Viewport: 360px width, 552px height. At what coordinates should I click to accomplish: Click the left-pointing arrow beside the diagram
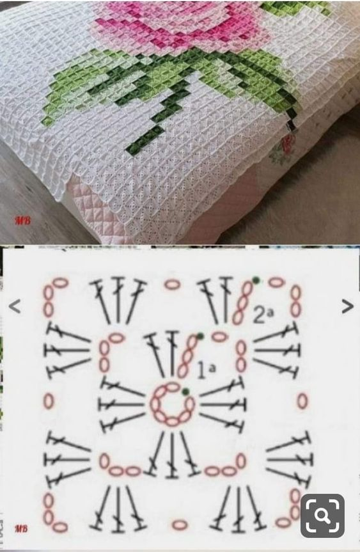click(15, 307)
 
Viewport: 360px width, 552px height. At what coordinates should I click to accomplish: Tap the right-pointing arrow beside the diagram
click(347, 306)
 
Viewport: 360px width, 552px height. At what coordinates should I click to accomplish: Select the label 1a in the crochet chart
click(206, 368)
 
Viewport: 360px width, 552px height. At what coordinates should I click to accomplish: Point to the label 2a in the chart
click(263, 314)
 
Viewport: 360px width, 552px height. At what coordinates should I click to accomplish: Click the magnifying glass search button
click(322, 516)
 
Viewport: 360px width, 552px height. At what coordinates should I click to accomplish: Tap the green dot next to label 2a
click(256, 280)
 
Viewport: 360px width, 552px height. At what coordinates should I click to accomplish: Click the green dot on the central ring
click(185, 391)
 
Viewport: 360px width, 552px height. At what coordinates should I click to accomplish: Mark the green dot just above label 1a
click(200, 336)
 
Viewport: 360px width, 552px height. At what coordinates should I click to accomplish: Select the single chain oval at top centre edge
click(172, 283)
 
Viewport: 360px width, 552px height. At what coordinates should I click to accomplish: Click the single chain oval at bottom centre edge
click(180, 524)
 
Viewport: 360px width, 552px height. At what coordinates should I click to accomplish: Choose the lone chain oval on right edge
click(302, 402)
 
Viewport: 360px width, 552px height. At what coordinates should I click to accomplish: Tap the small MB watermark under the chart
click(21, 529)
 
